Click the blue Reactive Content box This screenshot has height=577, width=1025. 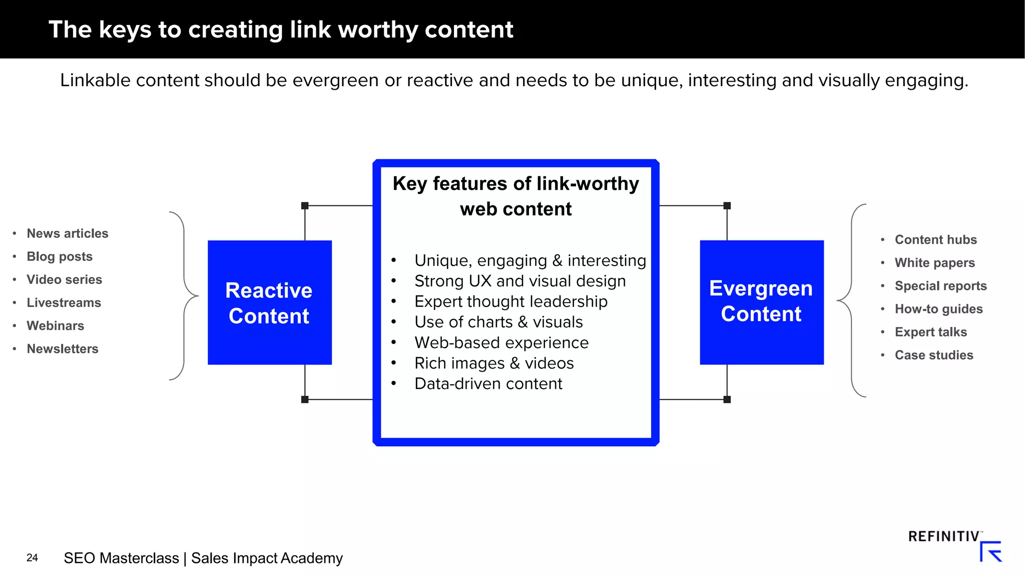click(269, 303)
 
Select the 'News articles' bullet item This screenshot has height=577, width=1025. click(67, 233)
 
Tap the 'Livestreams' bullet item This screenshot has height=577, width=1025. click(64, 303)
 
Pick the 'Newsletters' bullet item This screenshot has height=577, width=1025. click(62, 349)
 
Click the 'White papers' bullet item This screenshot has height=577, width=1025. click(934, 262)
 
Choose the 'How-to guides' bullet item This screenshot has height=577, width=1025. click(938, 309)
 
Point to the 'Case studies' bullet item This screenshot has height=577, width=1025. click(933, 355)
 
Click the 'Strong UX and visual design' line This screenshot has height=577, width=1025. click(520, 281)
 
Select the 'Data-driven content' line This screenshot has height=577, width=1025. click(488, 384)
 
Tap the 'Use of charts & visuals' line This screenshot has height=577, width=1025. click(498, 322)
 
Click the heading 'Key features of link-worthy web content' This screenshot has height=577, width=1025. click(516, 196)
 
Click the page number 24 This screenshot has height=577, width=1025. click(32, 557)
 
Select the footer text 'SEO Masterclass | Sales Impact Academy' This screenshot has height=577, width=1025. click(203, 558)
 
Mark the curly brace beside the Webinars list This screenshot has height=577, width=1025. click(184, 296)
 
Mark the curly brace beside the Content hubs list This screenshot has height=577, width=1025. click(851, 301)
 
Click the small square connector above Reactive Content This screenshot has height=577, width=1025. click(305, 205)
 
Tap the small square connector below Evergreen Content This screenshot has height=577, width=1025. click(727, 399)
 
